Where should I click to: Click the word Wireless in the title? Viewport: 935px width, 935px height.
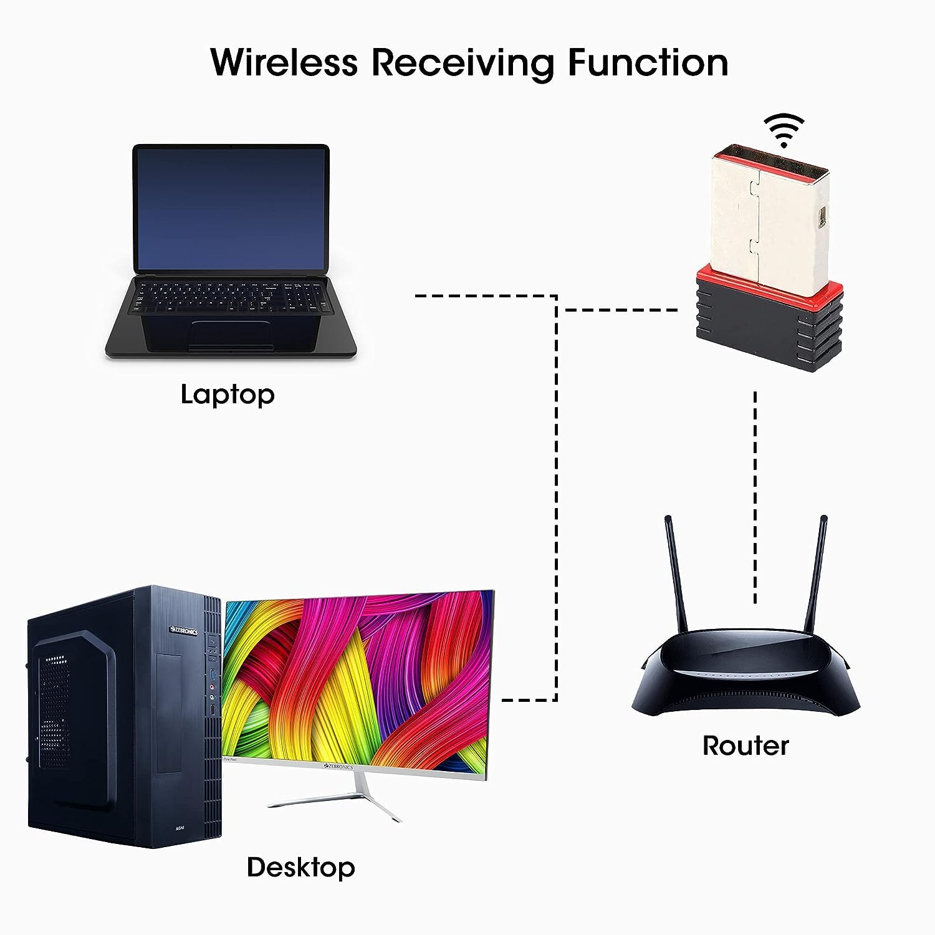coord(284,62)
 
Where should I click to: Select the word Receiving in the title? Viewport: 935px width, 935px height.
coord(463,64)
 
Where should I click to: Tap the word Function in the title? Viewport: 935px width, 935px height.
coord(648,62)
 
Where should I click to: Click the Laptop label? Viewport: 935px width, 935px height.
coord(228,395)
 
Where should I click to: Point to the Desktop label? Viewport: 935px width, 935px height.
coord(300,867)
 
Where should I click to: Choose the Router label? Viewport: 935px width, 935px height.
coord(746,746)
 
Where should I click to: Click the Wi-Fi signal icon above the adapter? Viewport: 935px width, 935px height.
coord(785,130)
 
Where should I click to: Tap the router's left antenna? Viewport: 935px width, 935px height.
coord(676,573)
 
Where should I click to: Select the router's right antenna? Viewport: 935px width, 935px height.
coord(817,573)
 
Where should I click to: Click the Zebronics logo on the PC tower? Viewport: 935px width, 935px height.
coord(185,631)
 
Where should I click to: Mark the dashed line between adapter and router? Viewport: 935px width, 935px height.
coord(755,499)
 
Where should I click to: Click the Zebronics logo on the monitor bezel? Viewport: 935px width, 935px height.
coord(339,767)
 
